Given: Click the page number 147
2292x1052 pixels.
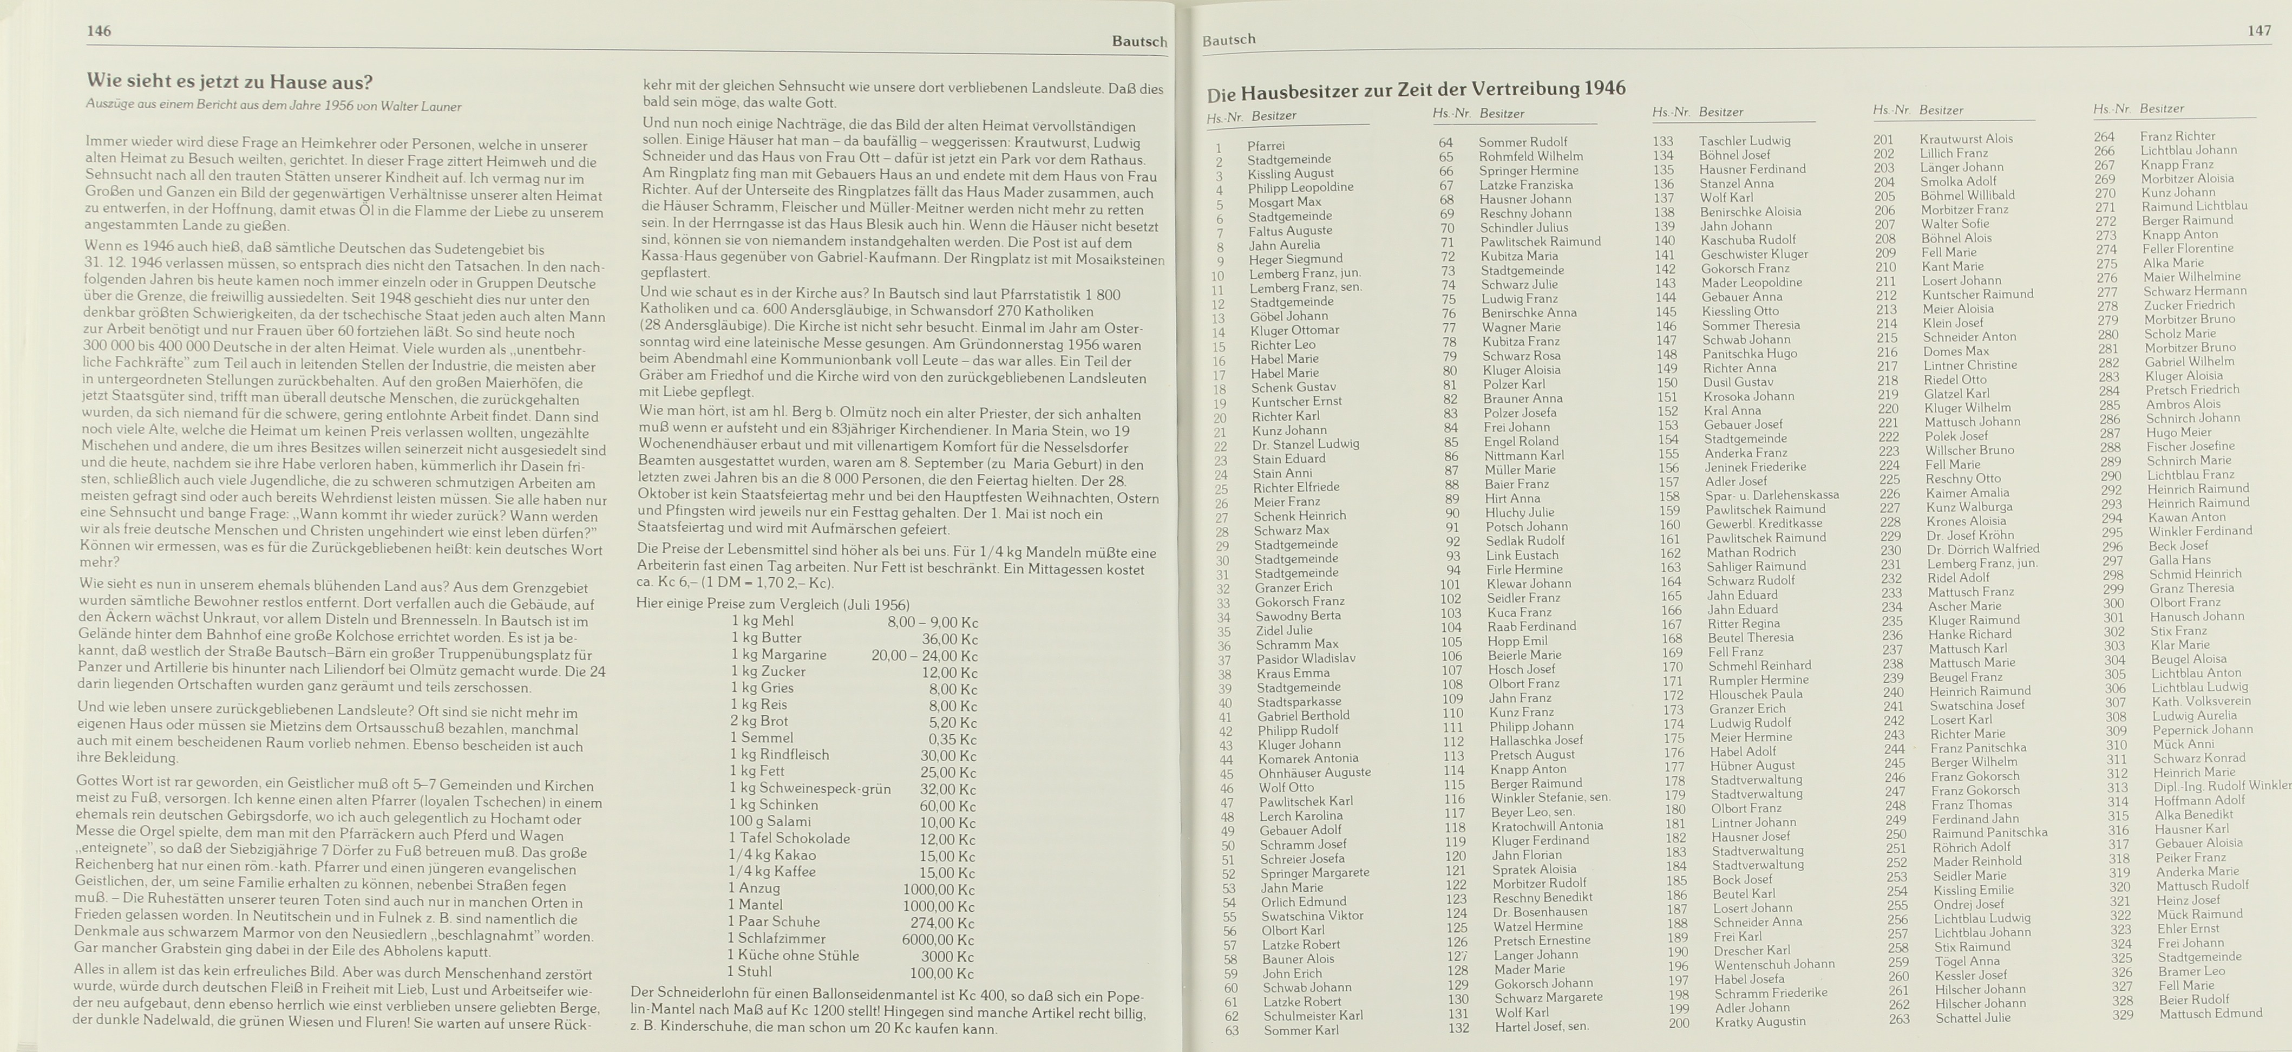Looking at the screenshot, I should tap(2259, 30).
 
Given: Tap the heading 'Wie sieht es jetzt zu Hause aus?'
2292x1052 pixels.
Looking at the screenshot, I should tap(230, 82).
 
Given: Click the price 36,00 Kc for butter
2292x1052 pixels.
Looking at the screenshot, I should tap(949, 639).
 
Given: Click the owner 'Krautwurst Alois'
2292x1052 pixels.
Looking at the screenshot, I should tap(1966, 139).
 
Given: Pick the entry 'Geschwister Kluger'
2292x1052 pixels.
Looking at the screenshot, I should tap(1754, 253).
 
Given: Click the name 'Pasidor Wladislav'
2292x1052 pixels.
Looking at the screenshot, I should tap(1305, 658).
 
